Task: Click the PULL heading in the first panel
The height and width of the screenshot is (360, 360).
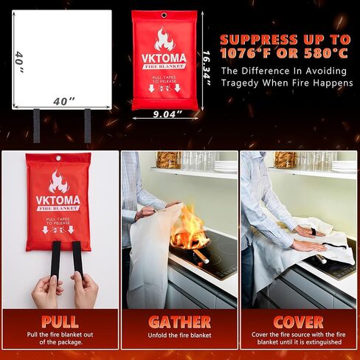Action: point(60,322)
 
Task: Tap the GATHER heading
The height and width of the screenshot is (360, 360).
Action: point(179,322)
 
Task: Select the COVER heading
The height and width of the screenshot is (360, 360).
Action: point(299,322)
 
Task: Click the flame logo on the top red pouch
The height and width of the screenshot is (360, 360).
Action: point(164,39)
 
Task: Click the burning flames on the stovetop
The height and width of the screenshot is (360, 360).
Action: point(188,225)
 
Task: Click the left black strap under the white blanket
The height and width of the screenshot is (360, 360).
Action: point(36,125)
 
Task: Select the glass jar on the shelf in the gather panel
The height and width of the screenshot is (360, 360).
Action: point(169,159)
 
